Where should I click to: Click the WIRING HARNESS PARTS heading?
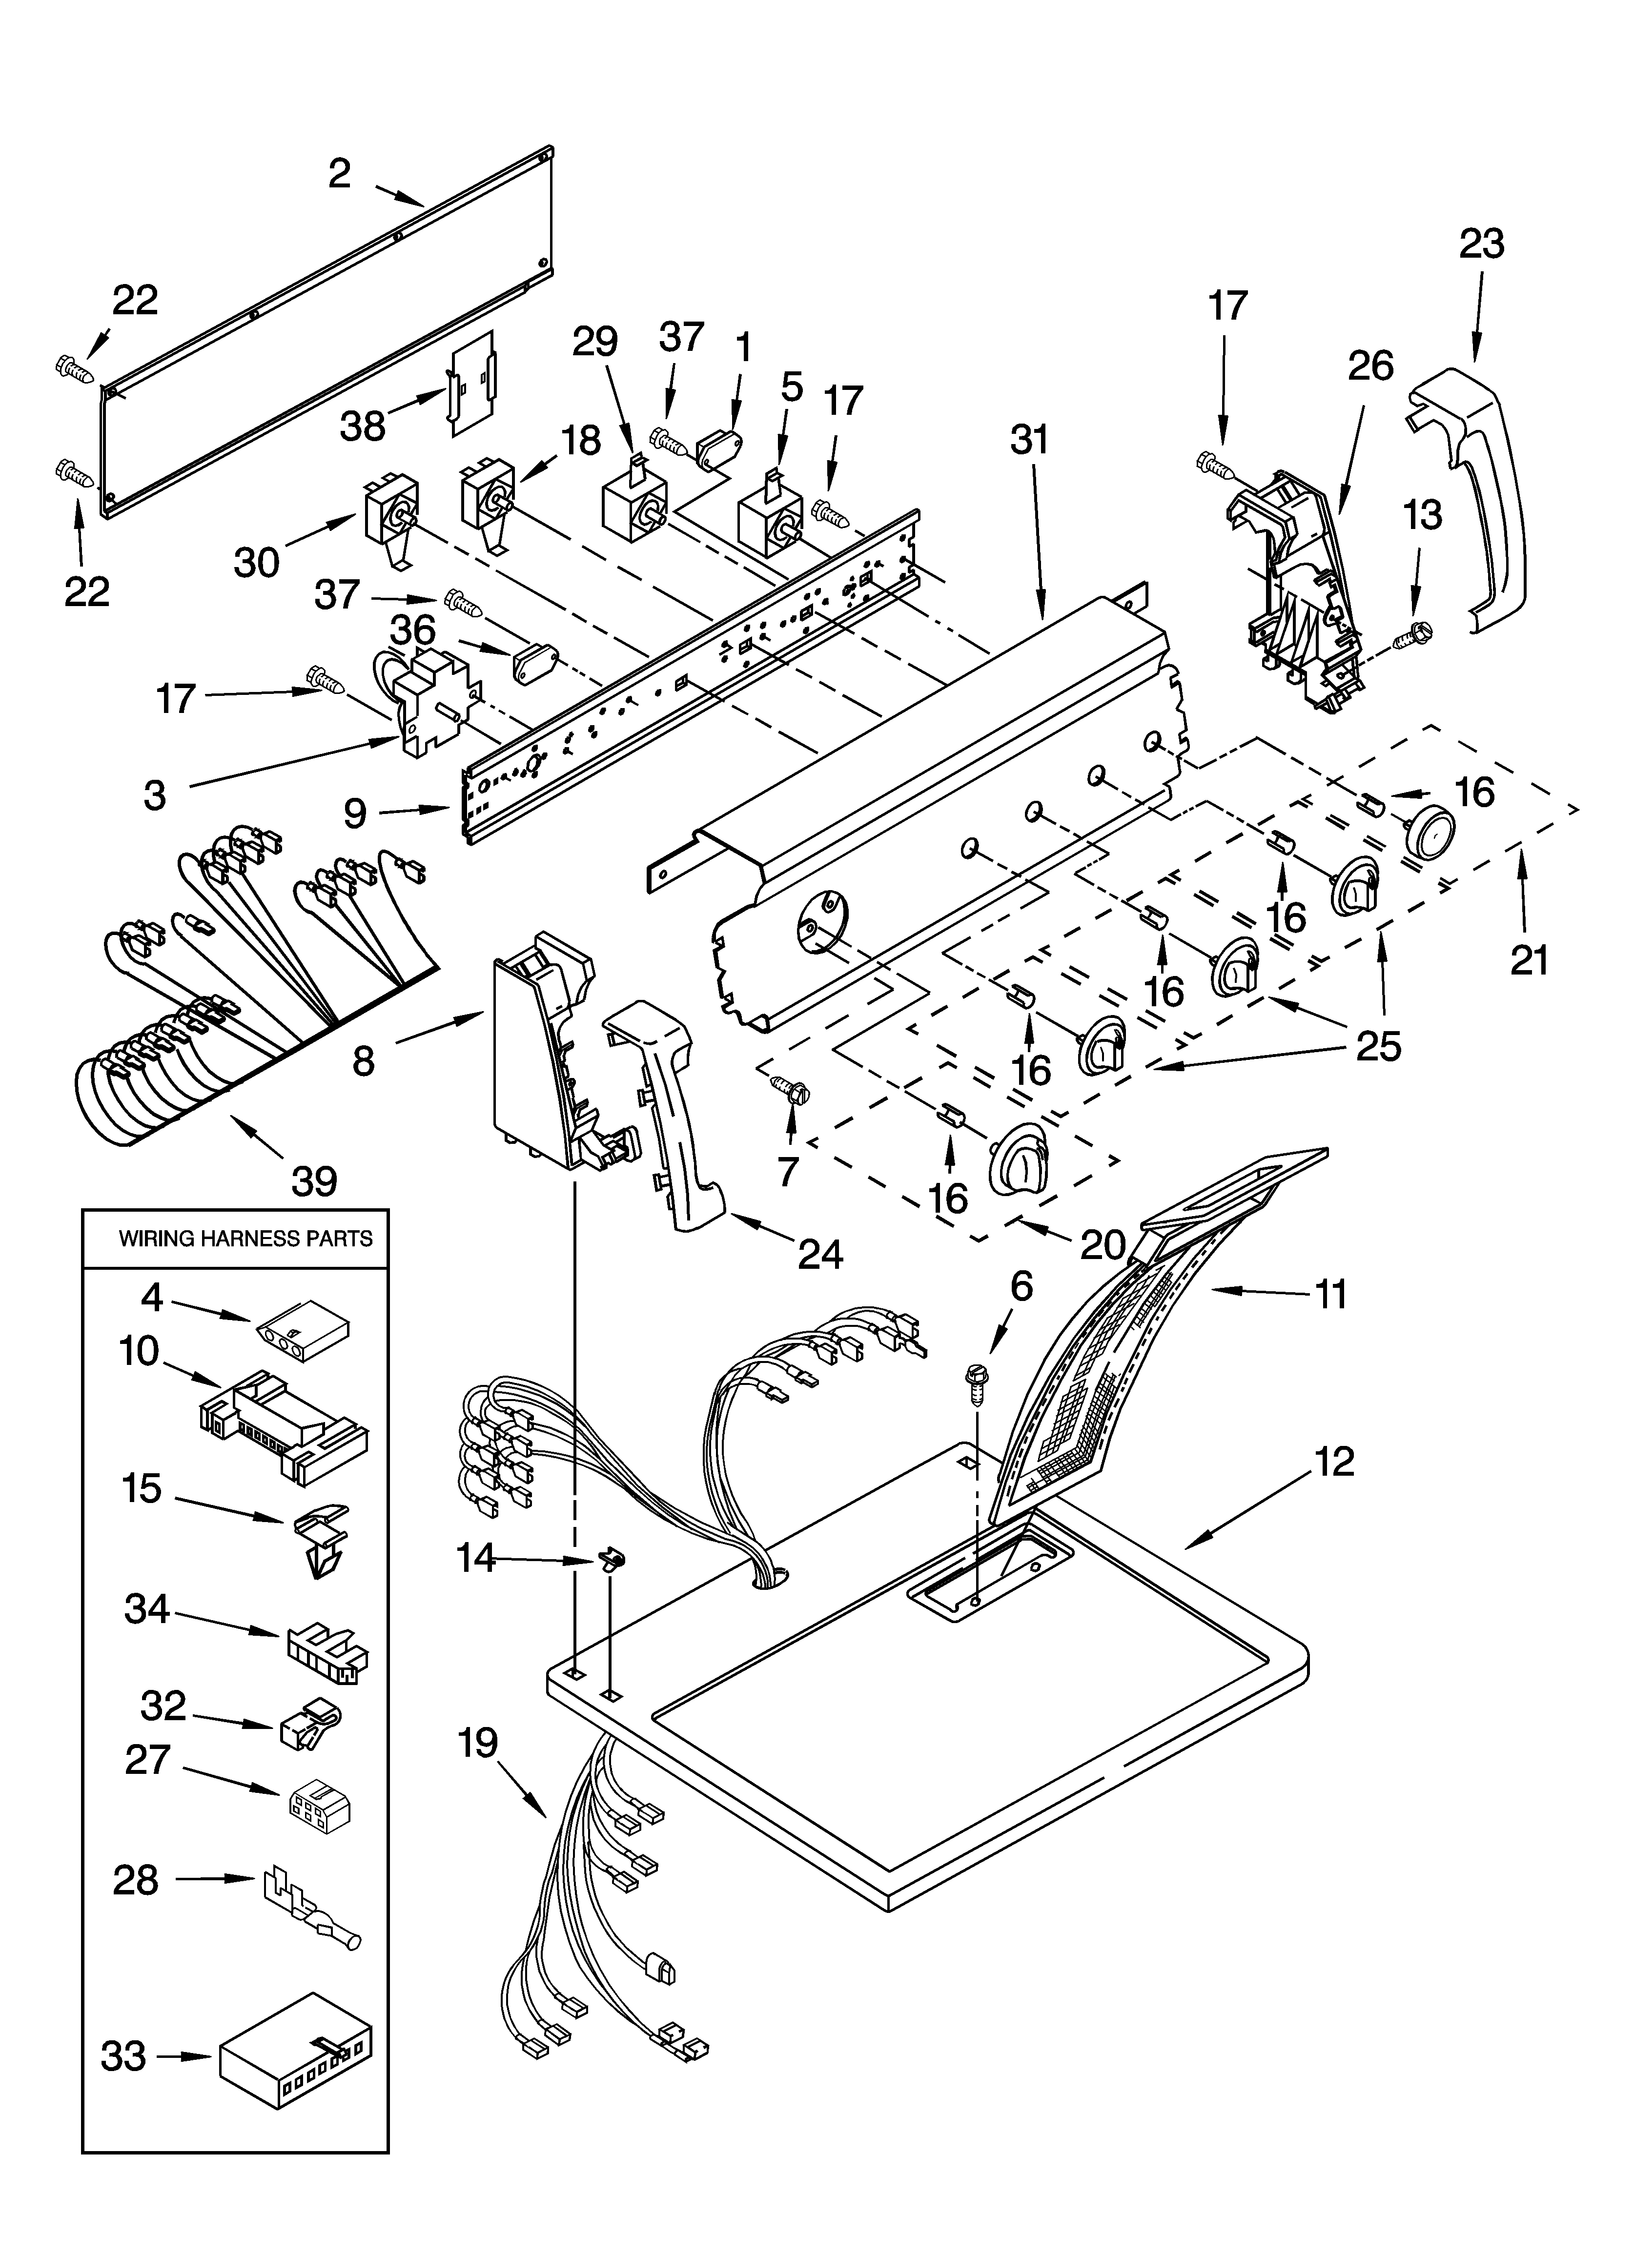pyautogui.click(x=246, y=1239)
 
